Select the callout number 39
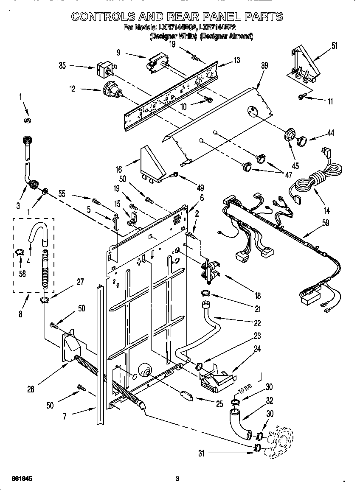(x=264, y=65)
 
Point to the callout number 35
(x=62, y=65)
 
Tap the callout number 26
(x=31, y=389)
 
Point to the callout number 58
(x=22, y=274)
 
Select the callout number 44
(x=330, y=133)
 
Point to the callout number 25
(x=219, y=404)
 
